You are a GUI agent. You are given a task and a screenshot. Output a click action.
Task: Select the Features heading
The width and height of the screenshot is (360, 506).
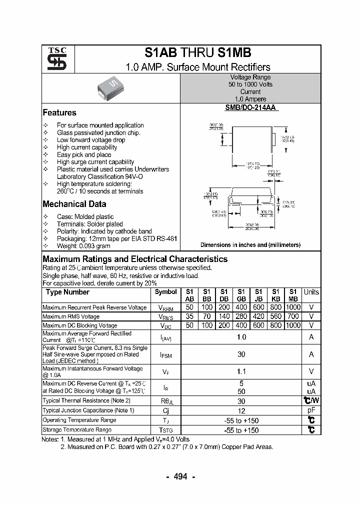(x=59, y=113)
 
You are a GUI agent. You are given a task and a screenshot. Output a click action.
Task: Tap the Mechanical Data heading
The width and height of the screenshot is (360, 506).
(x=74, y=204)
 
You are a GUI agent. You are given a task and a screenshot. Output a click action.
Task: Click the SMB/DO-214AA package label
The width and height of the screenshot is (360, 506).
(x=250, y=107)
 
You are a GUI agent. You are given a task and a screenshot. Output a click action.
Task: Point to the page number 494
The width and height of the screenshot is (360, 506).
(x=180, y=476)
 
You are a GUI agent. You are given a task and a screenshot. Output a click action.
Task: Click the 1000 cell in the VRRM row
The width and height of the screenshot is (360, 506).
(x=293, y=307)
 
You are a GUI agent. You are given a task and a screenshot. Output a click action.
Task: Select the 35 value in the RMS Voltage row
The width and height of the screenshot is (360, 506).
(x=189, y=316)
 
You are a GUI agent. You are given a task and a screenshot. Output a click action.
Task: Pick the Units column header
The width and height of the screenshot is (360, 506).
(x=311, y=292)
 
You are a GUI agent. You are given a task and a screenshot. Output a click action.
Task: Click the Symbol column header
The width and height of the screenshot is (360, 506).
(x=165, y=292)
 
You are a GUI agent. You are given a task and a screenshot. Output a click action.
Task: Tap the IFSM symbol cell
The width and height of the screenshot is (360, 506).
(x=165, y=354)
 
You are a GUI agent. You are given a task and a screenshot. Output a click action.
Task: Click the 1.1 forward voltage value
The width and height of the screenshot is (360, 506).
(x=241, y=372)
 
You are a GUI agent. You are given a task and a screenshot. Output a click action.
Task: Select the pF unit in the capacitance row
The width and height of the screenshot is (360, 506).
(x=311, y=410)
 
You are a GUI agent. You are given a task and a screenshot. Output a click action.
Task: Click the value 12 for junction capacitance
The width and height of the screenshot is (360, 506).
(x=241, y=410)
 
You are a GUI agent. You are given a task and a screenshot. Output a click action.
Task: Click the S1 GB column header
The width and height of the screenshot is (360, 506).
(x=241, y=295)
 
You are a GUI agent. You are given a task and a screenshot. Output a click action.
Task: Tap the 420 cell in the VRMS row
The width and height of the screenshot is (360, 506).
(x=258, y=316)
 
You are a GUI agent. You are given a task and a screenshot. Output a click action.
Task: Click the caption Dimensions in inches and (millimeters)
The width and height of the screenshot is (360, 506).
(x=250, y=245)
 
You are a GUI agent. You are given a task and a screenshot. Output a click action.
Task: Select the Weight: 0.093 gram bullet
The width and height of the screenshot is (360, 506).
(x=83, y=246)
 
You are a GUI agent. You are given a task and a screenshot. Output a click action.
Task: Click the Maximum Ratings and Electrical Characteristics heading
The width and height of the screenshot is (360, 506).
(x=135, y=259)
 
